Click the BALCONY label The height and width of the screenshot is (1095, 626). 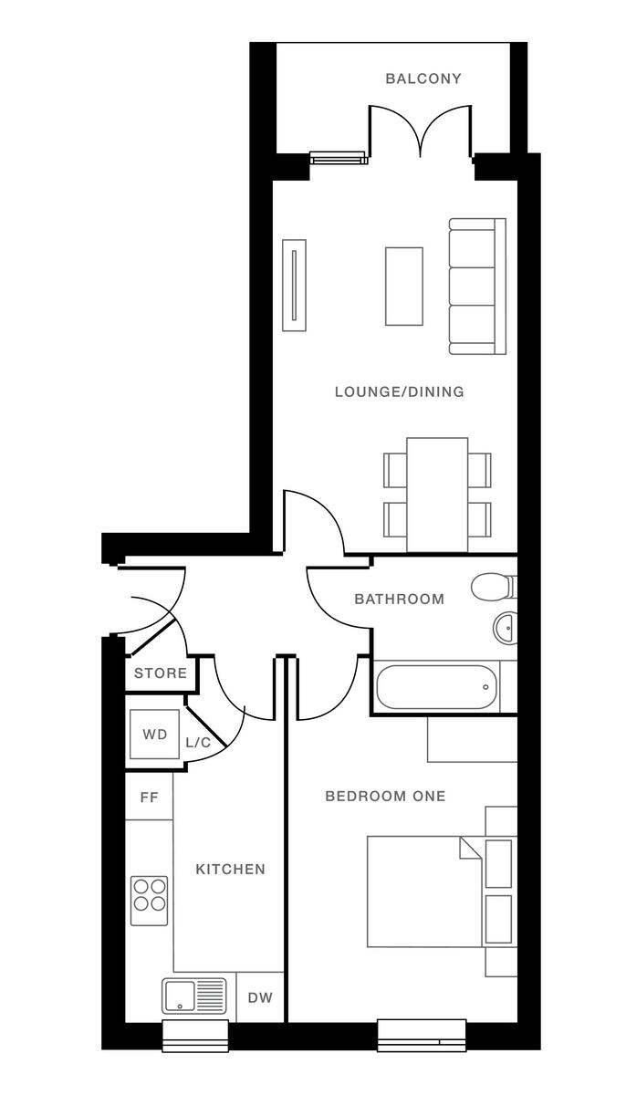[x=423, y=79]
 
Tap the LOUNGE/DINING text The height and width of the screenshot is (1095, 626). [x=399, y=392]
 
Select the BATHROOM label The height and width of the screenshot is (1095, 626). [x=399, y=600]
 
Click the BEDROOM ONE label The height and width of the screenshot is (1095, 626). [x=385, y=797]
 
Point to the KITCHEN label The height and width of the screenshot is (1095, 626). [x=230, y=870]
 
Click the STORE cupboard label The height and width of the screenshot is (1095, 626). [x=161, y=674]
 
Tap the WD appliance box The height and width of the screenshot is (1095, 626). [x=154, y=735]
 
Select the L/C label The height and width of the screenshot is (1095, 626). [x=198, y=743]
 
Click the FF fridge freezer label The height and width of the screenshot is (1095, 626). [x=149, y=798]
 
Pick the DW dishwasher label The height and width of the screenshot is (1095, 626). [x=260, y=997]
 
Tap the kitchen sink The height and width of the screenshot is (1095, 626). [x=193, y=996]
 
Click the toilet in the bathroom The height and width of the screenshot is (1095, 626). [x=494, y=586]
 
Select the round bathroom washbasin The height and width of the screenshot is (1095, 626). [x=505, y=627]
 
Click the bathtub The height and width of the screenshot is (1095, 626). [x=436, y=687]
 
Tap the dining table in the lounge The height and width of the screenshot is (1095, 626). [x=436, y=494]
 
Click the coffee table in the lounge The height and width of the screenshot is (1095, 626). [x=403, y=286]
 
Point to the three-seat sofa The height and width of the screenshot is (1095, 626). [x=475, y=286]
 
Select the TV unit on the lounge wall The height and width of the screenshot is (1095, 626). [x=294, y=286]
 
